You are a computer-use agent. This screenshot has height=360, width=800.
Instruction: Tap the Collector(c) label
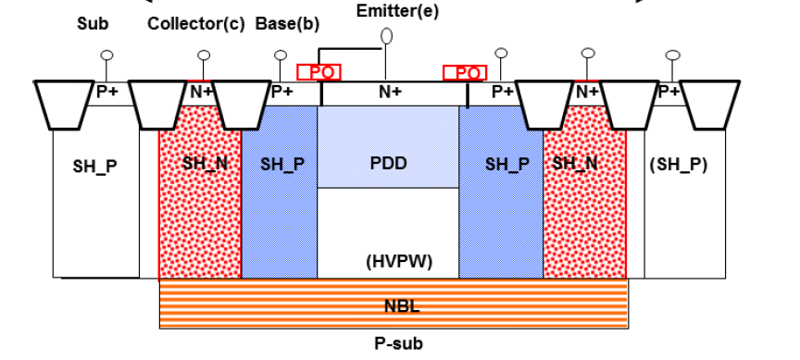pos(195,23)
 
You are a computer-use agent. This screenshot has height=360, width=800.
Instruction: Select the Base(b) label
pos(280,23)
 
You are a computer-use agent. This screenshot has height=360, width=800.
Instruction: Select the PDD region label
pos(388,164)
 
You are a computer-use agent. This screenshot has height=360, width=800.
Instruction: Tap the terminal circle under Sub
pos(106,56)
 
